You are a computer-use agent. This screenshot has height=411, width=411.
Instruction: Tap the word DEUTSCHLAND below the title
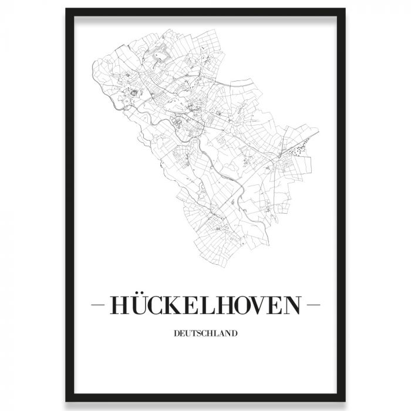coord(206,334)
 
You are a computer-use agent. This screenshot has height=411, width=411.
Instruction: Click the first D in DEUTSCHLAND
coord(177,334)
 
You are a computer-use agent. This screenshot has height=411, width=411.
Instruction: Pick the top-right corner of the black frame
coord(345,10)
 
